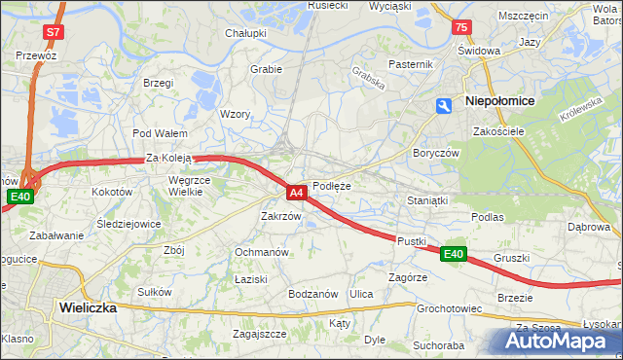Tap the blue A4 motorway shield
[298, 193]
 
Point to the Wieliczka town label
[88, 306]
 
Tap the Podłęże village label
[331, 186]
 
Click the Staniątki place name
[425, 199]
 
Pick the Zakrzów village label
[281, 216]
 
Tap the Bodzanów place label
[312, 293]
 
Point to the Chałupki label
[246, 33]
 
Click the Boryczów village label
[435, 154]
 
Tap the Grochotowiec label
[450, 308]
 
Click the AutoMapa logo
[556, 341]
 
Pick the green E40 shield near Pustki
[453, 254]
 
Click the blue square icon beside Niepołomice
[445, 106]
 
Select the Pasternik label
[410, 64]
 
